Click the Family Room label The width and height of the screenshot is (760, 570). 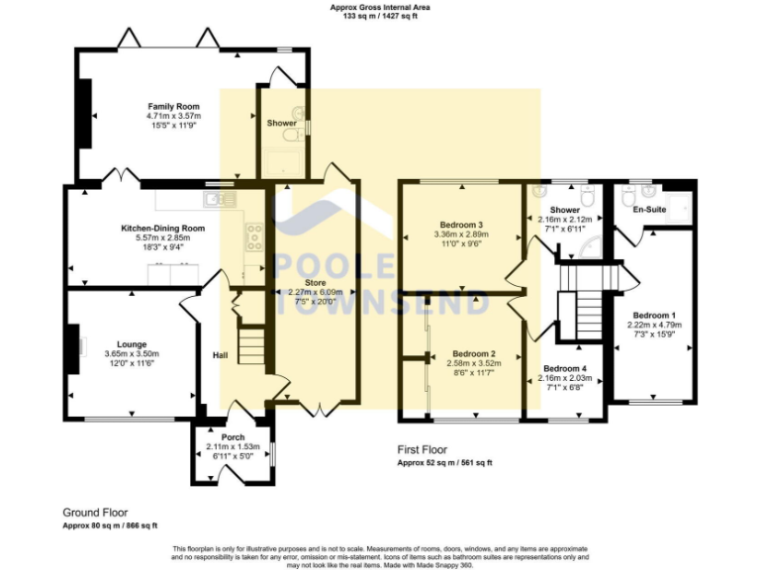pyautogui.click(x=174, y=106)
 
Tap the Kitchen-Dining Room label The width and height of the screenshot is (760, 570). pyautogui.click(x=163, y=229)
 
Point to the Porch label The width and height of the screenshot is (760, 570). pyautogui.click(x=234, y=436)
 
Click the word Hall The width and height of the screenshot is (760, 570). pyautogui.click(x=222, y=355)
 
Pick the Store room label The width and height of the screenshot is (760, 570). pyautogui.click(x=315, y=283)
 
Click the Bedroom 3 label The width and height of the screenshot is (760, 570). pyautogui.click(x=459, y=224)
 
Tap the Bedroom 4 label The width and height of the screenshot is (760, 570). pyautogui.click(x=564, y=368)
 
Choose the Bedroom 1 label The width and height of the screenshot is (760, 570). pyautogui.click(x=654, y=315)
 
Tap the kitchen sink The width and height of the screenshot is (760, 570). pyautogui.click(x=216, y=199)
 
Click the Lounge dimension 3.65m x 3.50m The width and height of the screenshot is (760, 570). pyautogui.click(x=132, y=353)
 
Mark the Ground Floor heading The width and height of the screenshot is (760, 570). pyautogui.click(x=95, y=513)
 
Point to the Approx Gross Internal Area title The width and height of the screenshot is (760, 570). pyautogui.click(x=380, y=7)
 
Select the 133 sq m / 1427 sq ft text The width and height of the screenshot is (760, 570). pyautogui.click(x=380, y=17)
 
